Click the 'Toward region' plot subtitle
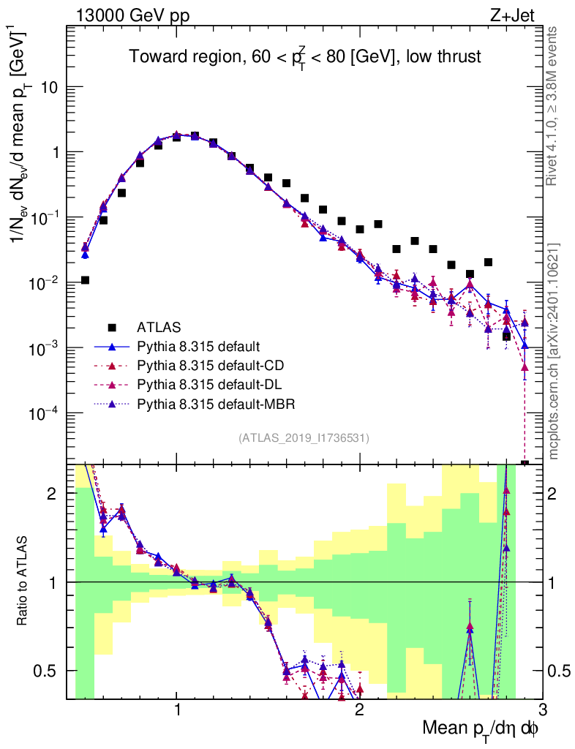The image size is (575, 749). click(305, 57)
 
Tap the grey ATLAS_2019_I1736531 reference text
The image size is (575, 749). click(304, 438)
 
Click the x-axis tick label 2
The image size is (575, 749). click(359, 709)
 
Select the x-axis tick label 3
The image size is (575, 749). click(541, 709)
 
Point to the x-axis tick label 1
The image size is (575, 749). click(178, 709)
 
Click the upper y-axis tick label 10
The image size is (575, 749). click(49, 87)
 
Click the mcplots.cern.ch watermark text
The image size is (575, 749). click(555, 351)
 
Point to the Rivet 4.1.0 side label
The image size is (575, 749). click(555, 106)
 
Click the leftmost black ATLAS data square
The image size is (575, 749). click(86, 280)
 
